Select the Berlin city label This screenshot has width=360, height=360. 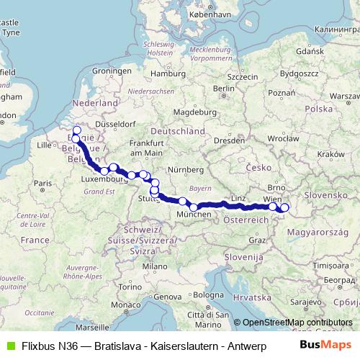click(x=225, y=89)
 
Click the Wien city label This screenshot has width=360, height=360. click(x=273, y=197)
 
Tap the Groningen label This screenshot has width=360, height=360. click(x=110, y=72)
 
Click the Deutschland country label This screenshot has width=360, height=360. click(x=176, y=132)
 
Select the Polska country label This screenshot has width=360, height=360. click(x=317, y=108)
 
